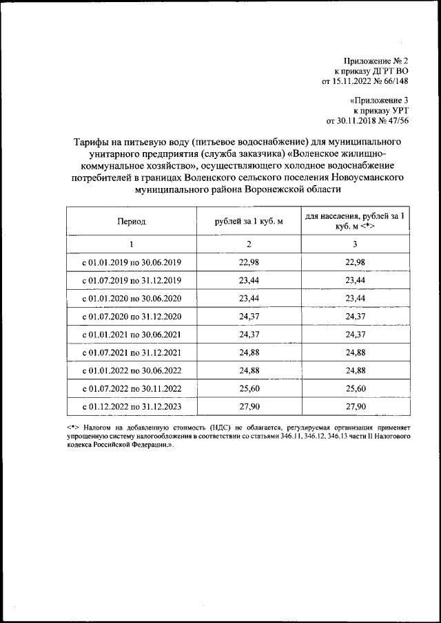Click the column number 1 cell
[131, 245]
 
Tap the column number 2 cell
[249, 245]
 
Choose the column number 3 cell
[355, 245]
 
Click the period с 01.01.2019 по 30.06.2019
[131, 262]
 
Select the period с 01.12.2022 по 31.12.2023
[131, 408]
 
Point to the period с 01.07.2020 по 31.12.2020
[131, 317]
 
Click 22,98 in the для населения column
[355, 262]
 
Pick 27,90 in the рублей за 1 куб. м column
[249, 408]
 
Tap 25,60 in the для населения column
[355, 389]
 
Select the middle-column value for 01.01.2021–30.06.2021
[249, 335]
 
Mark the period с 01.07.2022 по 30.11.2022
[131, 389]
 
